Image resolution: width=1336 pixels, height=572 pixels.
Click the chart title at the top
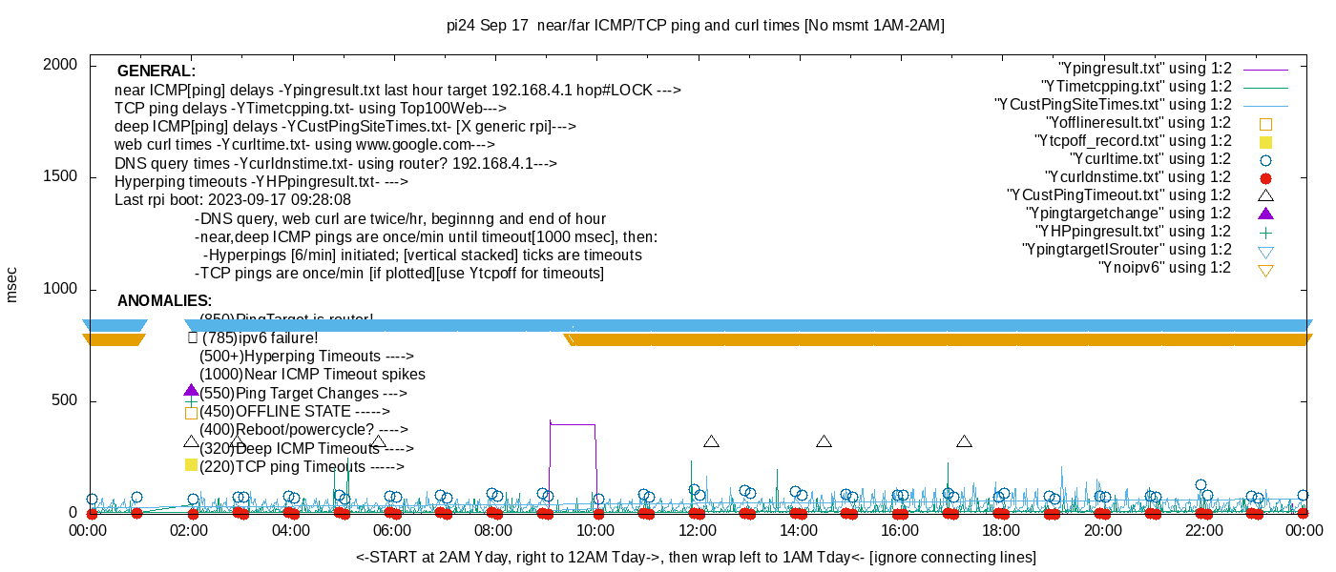[x=696, y=26]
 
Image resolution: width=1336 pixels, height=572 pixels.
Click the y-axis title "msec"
[x=11, y=284]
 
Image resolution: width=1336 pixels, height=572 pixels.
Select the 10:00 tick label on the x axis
[x=595, y=530]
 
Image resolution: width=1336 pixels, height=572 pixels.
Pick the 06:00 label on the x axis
[x=392, y=530]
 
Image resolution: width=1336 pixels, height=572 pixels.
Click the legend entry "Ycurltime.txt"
[x=1151, y=159]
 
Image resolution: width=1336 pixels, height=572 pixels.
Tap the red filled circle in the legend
[x=1266, y=178]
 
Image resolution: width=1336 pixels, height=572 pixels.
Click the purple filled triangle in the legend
[x=1266, y=214]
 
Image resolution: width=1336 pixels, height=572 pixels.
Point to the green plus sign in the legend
[x=1266, y=232]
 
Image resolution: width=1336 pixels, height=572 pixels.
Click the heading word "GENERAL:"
[x=157, y=71]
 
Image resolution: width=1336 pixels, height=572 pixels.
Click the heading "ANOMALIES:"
[x=164, y=301]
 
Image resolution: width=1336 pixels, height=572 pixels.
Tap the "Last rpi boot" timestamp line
[x=233, y=200]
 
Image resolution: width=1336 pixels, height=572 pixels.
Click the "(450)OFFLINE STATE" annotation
[x=294, y=412]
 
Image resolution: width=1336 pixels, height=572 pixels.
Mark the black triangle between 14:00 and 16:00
[x=825, y=441]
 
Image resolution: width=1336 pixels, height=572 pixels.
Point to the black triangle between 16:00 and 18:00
[x=965, y=441]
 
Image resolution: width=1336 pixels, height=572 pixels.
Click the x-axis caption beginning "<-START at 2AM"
[x=696, y=557]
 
